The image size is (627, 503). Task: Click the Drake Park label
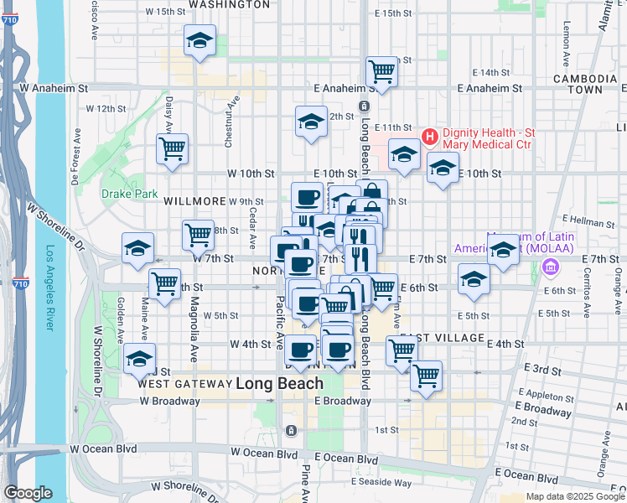click(129, 194)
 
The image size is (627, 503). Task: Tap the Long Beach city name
click(279, 383)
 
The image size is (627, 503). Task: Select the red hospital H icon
click(430, 135)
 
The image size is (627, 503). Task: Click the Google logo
click(28, 493)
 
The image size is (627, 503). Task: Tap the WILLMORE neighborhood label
click(195, 201)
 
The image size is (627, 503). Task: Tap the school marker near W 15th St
click(199, 40)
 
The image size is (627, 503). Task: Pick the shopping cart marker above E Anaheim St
click(381, 71)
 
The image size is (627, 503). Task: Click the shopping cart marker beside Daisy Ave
click(172, 149)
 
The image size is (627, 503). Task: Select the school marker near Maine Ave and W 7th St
click(137, 248)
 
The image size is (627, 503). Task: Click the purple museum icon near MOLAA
click(550, 267)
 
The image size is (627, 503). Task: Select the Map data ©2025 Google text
click(574, 496)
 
